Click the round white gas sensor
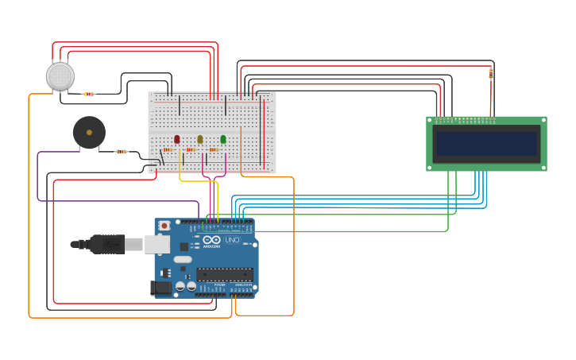pos(60,76)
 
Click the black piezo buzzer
pos(89,133)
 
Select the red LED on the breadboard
pos(177,139)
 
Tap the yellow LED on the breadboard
pos(200,139)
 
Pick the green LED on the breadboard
pos(223,139)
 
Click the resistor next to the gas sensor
pos(89,94)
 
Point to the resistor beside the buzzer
pos(122,151)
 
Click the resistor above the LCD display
pos(491,73)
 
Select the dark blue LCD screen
pos(486,144)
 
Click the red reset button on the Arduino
pos(164,226)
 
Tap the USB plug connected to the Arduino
pos(108,244)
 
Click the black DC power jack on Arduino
pos(161,288)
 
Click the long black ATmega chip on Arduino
pos(225,274)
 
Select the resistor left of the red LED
pos(168,149)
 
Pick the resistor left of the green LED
pos(214,149)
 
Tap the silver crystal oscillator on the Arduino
pos(183,259)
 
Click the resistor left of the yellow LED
pos(191,149)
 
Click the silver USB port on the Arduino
pos(157,244)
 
